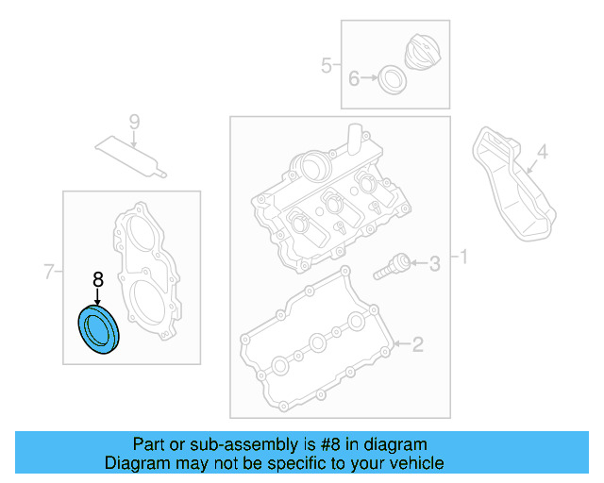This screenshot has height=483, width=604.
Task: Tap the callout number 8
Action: [x=96, y=279]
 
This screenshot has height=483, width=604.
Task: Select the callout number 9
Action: [x=134, y=122]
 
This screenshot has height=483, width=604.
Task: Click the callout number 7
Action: [x=49, y=274]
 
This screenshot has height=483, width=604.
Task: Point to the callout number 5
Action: [x=326, y=65]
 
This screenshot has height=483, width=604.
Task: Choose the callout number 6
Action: [x=354, y=78]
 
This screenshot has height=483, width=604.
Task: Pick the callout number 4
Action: [x=542, y=151]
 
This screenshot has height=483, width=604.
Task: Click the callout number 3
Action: [x=434, y=264]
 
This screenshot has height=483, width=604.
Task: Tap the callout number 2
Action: [x=418, y=344]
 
